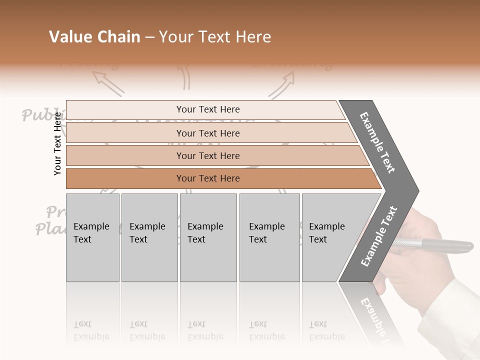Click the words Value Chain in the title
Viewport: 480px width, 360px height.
click(94, 37)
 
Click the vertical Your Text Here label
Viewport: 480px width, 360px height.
click(57, 143)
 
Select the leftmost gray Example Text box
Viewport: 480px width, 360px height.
click(92, 237)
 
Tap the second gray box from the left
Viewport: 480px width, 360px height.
click(149, 237)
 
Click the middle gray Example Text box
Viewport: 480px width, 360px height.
click(208, 237)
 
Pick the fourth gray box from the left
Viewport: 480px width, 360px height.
click(269, 237)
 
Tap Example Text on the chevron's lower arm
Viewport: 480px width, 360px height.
click(379, 236)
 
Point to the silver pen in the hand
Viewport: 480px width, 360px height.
click(440, 245)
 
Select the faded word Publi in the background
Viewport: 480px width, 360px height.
click(40, 115)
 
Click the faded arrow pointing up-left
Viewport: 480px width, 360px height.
click(107, 82)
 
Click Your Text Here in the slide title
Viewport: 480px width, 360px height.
click(215, 37)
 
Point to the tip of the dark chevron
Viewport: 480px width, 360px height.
click(417, 190)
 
